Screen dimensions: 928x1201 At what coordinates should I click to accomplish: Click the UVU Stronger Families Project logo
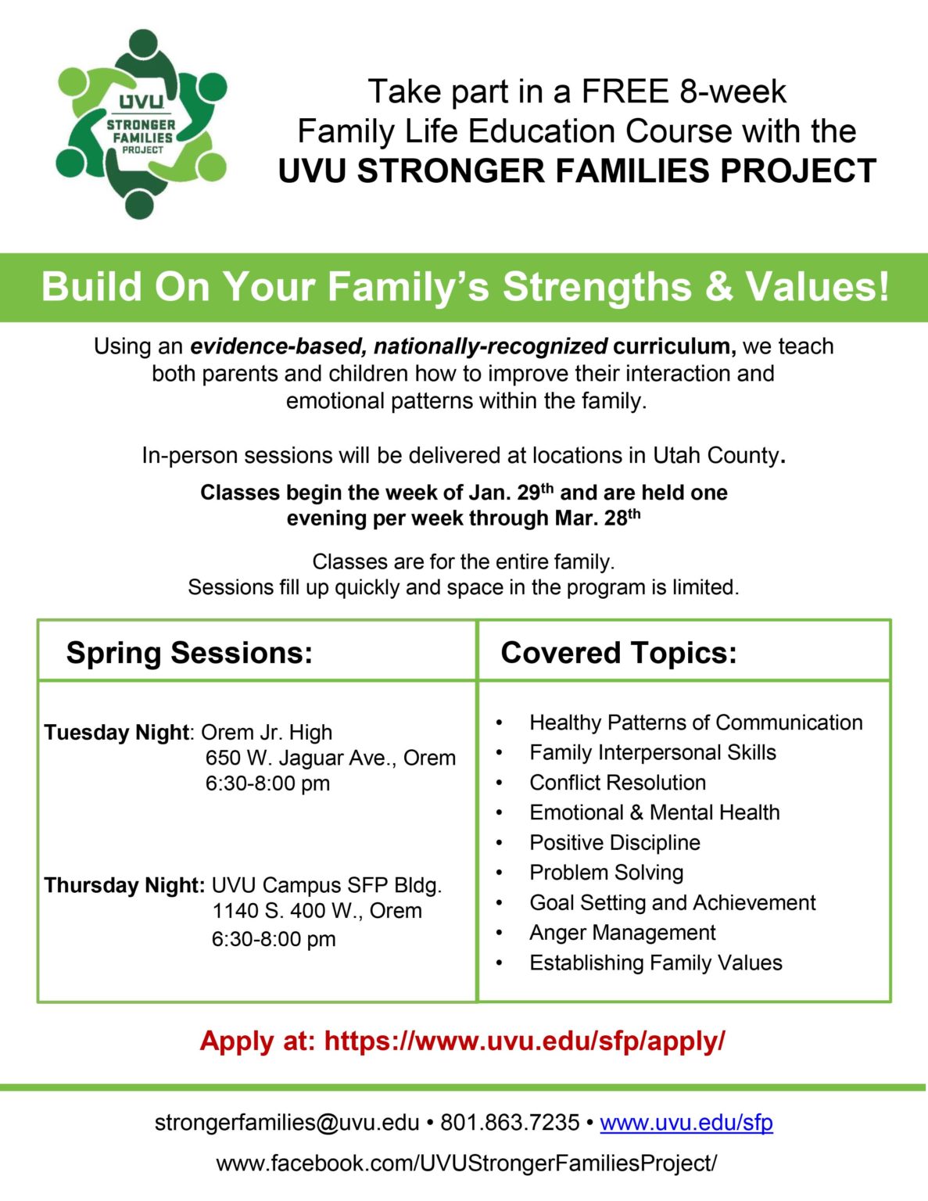[142, 124]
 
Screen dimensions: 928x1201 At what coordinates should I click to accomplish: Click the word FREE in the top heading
[625, 91]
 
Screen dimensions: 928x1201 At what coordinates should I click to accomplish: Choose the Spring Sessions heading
[189, 652]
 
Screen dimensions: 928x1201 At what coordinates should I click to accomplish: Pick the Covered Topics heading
[618, 652]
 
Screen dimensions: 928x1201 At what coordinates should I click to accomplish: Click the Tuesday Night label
[116, 733]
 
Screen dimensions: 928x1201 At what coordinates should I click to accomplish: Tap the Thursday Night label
[125, 885]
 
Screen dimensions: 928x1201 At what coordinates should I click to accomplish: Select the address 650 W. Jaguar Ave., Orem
[331, 758]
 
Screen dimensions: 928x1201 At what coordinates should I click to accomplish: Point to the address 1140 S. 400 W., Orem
[317, 910]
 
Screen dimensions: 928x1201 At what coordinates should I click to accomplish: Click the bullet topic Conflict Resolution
[618, 783]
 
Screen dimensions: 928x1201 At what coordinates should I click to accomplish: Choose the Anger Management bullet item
[622, 932]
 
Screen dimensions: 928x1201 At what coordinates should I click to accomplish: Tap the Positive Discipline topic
[614, 842]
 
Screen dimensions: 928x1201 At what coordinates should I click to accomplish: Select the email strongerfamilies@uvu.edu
[287, 1122]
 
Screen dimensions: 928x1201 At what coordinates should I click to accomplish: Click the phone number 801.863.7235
[510, 1122]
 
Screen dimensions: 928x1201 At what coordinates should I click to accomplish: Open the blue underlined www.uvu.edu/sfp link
[686, 1123]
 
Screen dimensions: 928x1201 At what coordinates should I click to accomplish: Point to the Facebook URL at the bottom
[467, 1163]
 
